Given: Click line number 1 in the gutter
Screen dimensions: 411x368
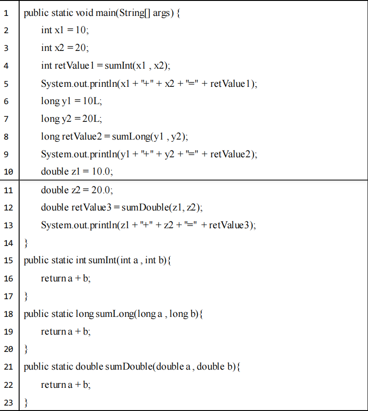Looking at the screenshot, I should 6,13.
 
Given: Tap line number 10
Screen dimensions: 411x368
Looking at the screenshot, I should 8,172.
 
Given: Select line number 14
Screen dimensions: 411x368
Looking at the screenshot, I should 8,243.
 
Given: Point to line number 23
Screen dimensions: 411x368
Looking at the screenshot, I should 8,402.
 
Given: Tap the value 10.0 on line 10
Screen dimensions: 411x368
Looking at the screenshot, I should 102,171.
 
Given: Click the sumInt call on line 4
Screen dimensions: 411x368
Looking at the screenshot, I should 117,65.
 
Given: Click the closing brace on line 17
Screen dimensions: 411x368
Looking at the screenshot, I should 26,296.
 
